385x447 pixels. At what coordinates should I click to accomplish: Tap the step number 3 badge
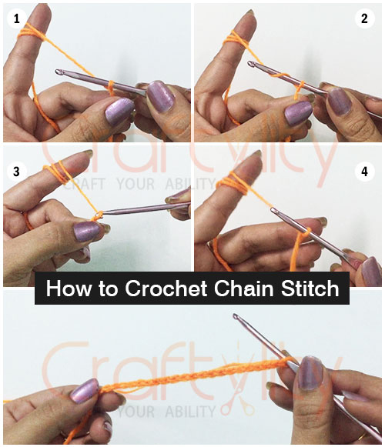[x=15, y=171]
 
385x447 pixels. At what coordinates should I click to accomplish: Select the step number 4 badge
[x=366, y=171]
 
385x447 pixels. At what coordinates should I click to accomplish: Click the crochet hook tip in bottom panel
[x=236, y=317]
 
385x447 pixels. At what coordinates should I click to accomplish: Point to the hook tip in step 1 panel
[x=58, y=72]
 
